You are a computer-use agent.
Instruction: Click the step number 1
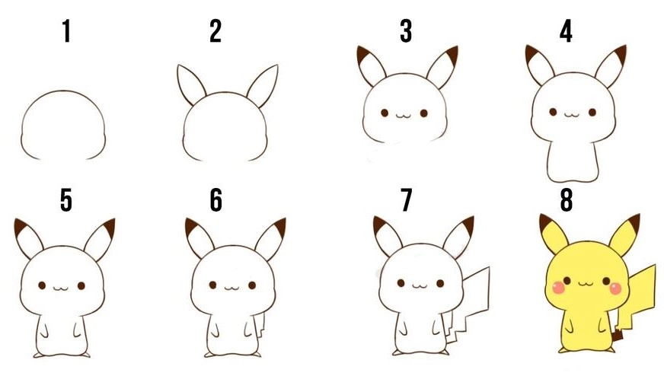66,31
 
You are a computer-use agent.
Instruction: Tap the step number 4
566,31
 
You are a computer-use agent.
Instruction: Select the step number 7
406,200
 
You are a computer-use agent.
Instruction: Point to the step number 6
216,200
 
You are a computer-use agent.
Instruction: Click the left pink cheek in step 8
559,288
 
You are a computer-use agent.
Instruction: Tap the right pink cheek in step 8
615,288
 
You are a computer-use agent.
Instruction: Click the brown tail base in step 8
618,335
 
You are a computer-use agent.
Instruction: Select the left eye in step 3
385,113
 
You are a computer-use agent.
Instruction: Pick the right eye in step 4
592,112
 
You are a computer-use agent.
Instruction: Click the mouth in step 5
61,288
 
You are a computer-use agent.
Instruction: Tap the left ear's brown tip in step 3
363,54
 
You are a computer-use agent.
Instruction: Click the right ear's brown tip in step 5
109,228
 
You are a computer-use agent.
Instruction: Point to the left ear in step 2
191,84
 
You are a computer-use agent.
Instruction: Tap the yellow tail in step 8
637,296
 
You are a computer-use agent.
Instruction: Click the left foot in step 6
209,355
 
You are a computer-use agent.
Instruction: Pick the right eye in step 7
440,283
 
